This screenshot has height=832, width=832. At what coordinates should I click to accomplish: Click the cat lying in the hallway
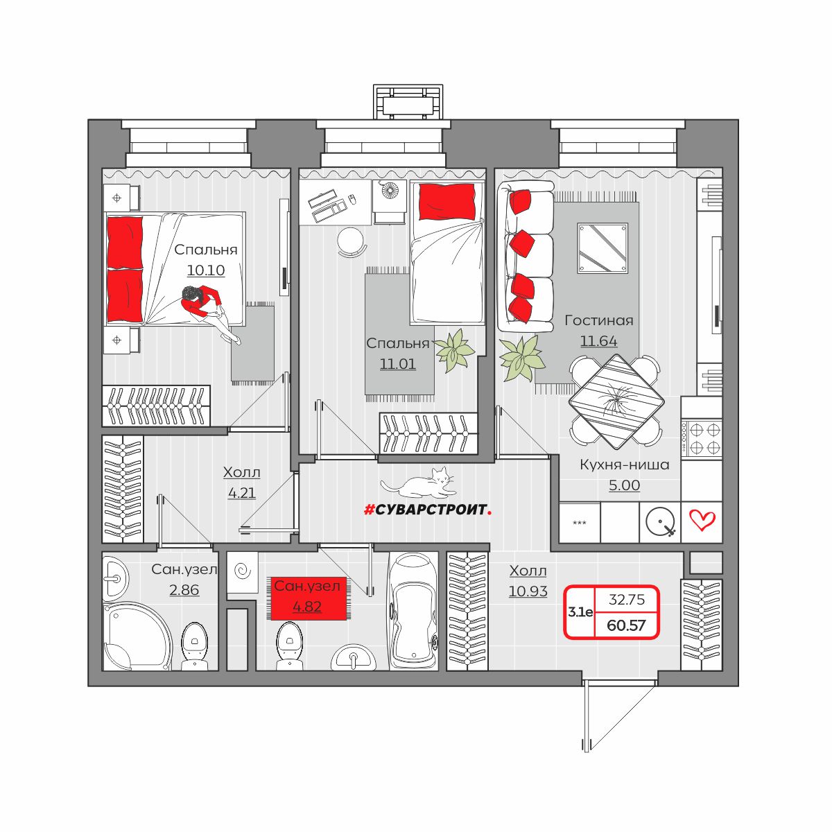coord(418,483)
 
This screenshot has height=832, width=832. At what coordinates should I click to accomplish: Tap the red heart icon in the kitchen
coord(702,520)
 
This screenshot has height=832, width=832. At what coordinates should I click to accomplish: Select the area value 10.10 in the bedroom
coord(206,270)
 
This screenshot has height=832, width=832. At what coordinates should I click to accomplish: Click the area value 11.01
coord(398,364)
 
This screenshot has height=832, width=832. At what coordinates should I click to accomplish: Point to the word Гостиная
coord(599,320)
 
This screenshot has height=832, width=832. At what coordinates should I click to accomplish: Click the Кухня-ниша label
coord(624,465)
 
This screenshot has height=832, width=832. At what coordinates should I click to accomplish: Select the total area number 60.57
coord(626,625)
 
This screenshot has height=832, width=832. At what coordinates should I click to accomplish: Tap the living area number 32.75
coord(627,599)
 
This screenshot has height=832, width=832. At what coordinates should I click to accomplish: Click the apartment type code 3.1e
coord(580,612)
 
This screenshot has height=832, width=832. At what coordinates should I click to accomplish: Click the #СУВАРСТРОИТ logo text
coord(428,510)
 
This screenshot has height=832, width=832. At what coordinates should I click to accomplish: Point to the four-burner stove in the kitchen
coord(701,438)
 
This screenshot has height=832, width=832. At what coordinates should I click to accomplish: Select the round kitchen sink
coord(660,521)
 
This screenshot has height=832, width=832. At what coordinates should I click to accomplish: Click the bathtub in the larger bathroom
coord(413,611)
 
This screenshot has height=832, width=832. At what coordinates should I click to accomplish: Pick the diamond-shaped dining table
coord(616,402)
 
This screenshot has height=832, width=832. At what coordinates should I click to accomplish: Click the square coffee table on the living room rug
coord(603,248)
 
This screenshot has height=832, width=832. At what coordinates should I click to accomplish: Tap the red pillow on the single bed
coord(447,202)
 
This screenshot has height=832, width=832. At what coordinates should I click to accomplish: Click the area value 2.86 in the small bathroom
coord(184,590)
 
